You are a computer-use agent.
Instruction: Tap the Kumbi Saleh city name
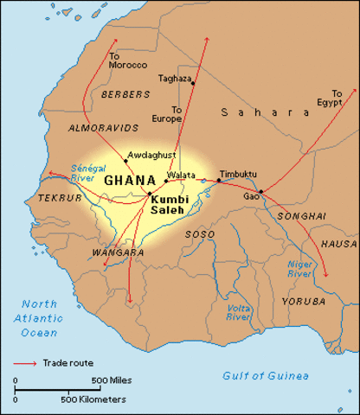[x=169, y=204]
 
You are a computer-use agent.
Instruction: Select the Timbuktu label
[x=239, y=174]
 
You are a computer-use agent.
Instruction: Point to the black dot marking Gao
[x=260, y=191]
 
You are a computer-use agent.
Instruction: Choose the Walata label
[x=182, y=174]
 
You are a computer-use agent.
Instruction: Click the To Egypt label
[x=337, y=97]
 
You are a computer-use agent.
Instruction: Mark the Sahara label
[x=264, y=112]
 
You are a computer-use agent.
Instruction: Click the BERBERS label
[x=119, y=93]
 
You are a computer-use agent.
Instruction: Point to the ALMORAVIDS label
[x=96, y=127]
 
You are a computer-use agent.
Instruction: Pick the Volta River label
[x=238, y=312]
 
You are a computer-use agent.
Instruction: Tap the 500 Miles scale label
[x=112, y=380]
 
